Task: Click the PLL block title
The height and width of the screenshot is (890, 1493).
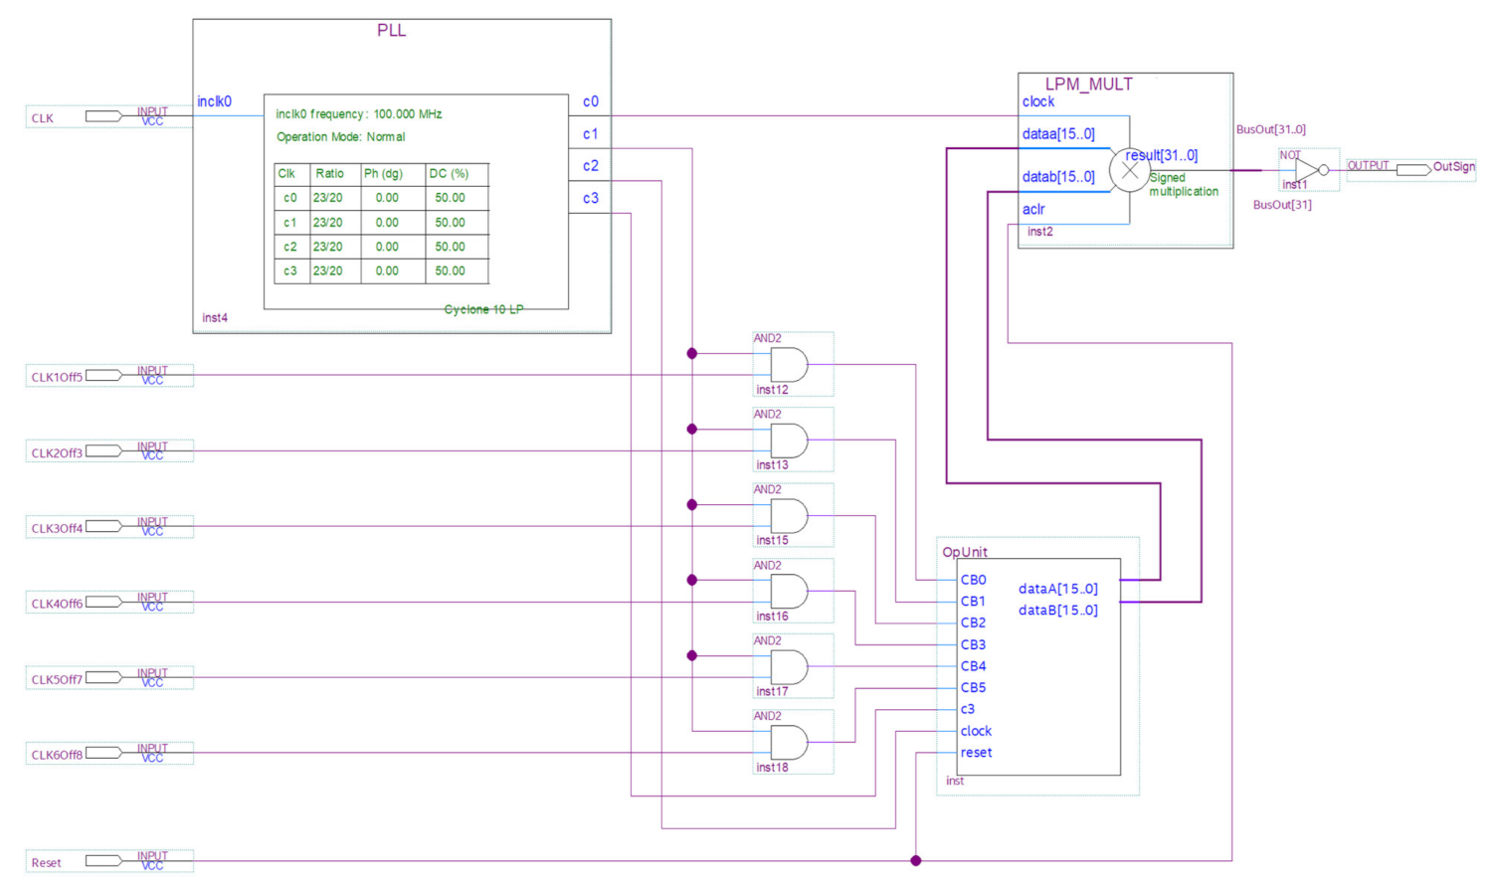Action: tap(391, 30)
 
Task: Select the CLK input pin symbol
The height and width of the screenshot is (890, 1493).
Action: tap(103, 116)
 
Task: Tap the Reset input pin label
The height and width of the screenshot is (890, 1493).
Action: tap(46, 862)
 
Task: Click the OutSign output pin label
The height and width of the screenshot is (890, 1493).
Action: tap(1453, 167)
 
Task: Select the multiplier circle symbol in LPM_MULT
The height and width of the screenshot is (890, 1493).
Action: tap(1129, 170)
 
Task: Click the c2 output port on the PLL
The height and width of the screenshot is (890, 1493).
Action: tap(590, 166)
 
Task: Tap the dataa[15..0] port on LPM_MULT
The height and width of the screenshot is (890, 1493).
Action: tap(1058, 134)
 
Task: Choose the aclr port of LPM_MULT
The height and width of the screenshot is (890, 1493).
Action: tap(1033, 209)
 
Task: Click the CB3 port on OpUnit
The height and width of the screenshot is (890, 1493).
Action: tap(973, 644)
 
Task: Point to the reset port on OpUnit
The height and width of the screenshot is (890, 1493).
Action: tap(976, 753)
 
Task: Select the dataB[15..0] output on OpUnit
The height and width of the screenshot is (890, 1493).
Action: tap(1057, 610)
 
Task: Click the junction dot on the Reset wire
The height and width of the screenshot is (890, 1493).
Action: tap(916, 860)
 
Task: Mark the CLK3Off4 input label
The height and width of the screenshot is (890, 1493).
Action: tap(57, 528)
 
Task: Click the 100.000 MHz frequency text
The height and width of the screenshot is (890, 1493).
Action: tap(408, 114)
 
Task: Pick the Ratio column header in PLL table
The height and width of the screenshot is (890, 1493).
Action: tap(329, 173)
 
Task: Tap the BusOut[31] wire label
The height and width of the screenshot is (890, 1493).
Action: tap(1282, 205)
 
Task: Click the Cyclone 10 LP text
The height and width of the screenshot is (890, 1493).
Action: tap(483, 309)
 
